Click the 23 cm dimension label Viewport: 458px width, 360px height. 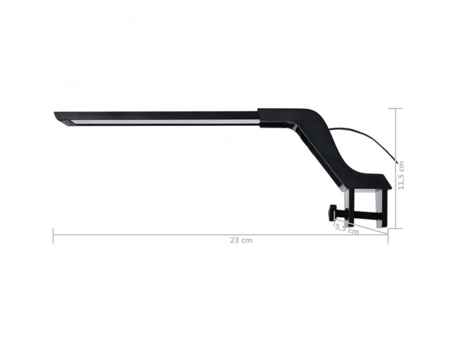(x=241, y=240)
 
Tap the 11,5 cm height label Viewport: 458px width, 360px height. (x=401, y=175)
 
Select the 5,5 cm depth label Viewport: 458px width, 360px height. (x=347, y=228)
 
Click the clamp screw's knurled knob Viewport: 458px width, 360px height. (x=332, y=213)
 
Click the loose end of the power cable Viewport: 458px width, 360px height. (x=397, y=162)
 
